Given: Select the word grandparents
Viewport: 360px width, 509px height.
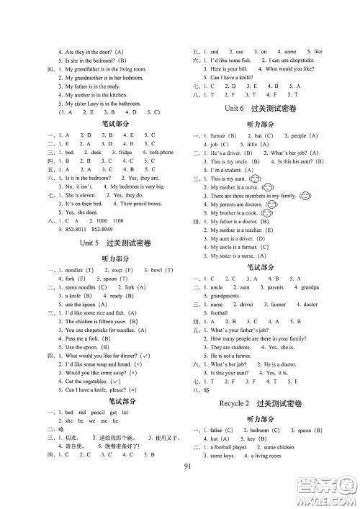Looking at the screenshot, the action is point(222,296).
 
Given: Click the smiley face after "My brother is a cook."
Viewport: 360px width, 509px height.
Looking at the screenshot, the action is point(271,213).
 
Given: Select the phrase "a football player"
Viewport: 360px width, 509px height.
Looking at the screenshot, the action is point(225,446).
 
